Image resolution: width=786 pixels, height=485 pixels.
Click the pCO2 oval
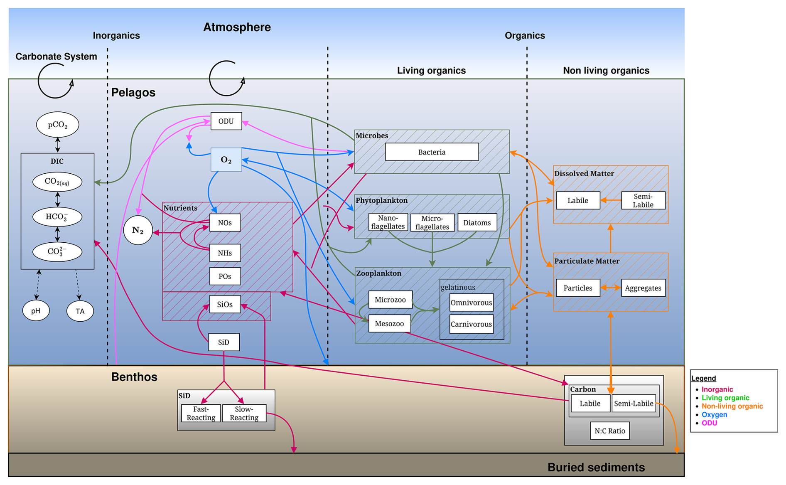click(x=58, y=125)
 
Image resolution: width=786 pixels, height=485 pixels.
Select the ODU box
click(x=226, y=121)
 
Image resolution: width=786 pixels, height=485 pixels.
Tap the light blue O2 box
click(x=226, y=160)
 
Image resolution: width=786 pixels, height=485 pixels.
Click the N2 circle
click(x=138, y=230)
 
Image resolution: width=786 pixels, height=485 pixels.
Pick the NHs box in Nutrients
click(x=225, y=253)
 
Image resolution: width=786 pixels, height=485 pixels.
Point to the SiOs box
click(x=225, y=304)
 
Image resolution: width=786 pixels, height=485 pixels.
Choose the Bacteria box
click(x=432, y=152)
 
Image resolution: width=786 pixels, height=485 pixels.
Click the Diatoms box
click(x=477, y=223)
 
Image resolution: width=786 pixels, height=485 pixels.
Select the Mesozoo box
click(x=389, y=323)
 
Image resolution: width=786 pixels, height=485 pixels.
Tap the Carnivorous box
click(x=471, y=324)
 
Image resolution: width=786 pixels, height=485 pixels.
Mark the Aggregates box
click(x=643, y=288)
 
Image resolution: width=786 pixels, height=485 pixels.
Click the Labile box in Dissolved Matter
click(x=577, y=200)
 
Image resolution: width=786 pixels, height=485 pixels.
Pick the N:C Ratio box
click(x=609, y=431)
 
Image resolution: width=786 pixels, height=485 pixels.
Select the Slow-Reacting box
click(x=244, y=413)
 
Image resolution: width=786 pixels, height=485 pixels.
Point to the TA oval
click(x=80, y=311)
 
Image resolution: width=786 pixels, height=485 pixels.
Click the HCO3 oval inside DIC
click(x=57, y=217)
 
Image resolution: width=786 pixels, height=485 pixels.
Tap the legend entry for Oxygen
click(x=714, y=414)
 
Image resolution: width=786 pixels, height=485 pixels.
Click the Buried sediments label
click(x=596, y=467)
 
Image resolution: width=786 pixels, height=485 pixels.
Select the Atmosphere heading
click(x=237, y=27)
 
